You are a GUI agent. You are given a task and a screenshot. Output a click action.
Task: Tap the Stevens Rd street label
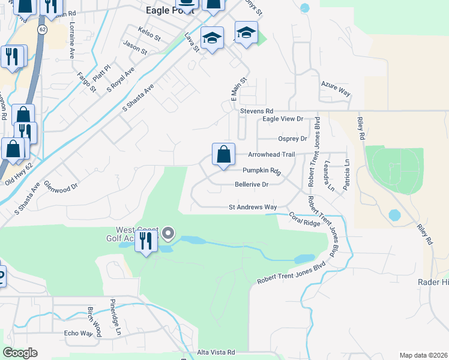256,112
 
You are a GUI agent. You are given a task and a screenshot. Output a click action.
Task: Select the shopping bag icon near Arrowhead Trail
223,155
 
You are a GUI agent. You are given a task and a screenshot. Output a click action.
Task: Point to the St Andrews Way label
253,208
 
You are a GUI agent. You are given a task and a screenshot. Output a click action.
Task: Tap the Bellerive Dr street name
251,185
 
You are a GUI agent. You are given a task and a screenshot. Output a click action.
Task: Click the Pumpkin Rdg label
262,171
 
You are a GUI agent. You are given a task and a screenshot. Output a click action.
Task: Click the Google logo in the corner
20,353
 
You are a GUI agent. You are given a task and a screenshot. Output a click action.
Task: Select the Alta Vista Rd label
216,353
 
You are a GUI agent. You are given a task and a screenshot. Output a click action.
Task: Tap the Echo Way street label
78,334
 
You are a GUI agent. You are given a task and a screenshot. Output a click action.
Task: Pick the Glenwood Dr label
61,187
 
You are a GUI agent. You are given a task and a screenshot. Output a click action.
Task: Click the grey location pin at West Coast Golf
169,233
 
